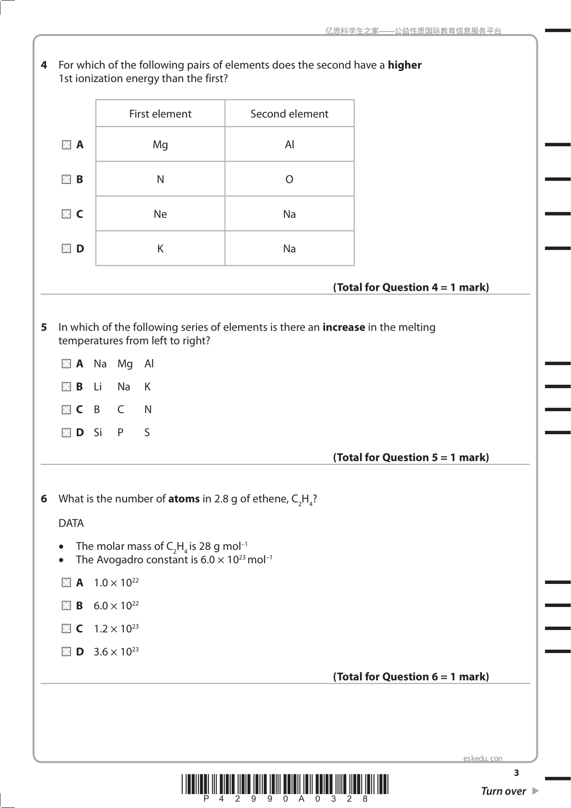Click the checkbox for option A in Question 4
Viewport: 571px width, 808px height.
(66, 144)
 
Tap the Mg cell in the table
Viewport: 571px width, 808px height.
(160, 144)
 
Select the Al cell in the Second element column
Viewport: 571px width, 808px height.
(289, 144)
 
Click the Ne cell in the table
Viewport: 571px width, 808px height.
(160, 214)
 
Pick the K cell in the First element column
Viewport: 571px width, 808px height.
(160, 249)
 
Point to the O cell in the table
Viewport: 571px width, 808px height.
(289, 179)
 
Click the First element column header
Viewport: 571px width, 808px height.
(160, 114)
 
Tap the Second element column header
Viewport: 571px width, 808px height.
(289, 114)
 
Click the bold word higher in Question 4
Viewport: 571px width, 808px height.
(404, 65)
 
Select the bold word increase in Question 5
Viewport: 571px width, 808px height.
(344, 327)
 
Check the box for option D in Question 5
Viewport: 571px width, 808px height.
(66, 433)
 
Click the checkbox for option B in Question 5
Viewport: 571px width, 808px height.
(66, 387)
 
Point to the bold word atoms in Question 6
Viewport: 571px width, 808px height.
(184, 499)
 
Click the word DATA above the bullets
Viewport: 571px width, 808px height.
(71, 523)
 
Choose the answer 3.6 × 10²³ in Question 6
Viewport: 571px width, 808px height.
(116, 652)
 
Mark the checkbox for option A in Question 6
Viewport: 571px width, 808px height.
(66, 583)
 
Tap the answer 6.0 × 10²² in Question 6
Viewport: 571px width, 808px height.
(116, 606)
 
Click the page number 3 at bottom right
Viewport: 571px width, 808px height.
(516, 773)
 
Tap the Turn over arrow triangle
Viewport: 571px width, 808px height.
(535, 791)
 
